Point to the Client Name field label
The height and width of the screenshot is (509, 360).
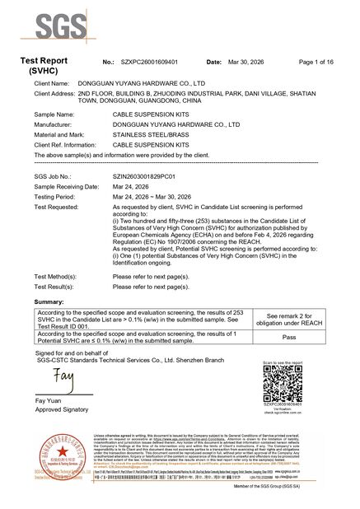(x=51, y=84)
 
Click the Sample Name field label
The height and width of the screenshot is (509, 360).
(x=54, y=114)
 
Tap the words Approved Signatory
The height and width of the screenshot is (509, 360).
(x=61, y=409)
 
